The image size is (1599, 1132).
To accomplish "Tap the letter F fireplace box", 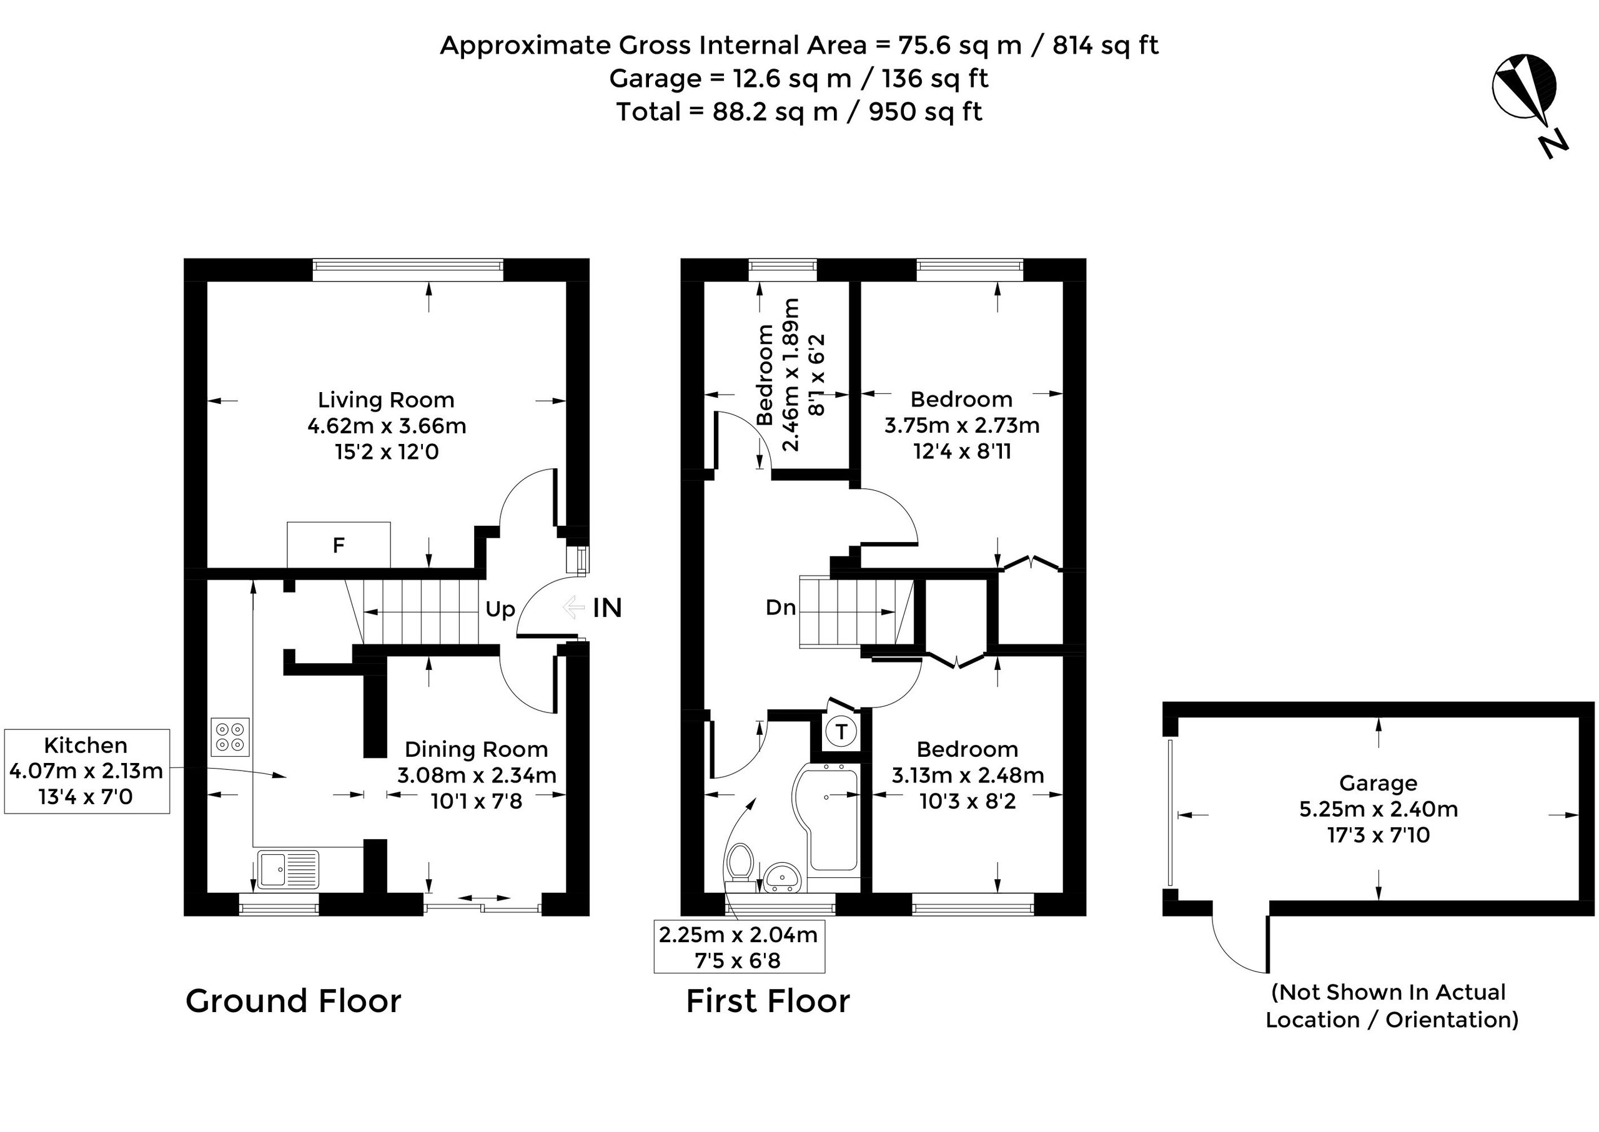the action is (x=338, y=544).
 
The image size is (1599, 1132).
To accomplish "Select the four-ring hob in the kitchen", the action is (x=230, y=737).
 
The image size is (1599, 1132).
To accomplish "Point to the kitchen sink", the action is (x=288, y=869).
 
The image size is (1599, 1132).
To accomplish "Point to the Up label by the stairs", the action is (x=500, y=610).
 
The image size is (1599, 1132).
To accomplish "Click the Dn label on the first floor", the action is (x=780, y=608).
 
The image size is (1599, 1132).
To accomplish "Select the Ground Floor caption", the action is (x=294, y=1001).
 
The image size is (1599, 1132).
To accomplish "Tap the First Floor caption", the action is (x=768, y=1001).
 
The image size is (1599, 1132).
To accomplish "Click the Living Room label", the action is (x=387, y=400).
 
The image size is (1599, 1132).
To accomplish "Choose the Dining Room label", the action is (x=477, y=749).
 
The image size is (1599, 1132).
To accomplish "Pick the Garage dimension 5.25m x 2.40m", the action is (x=1379, y=809).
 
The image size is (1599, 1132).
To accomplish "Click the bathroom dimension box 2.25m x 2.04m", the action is (x=739, y=947).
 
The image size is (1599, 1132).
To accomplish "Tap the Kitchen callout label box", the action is (x=86, y=771).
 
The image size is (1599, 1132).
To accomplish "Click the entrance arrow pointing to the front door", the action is (x=573, y=607).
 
